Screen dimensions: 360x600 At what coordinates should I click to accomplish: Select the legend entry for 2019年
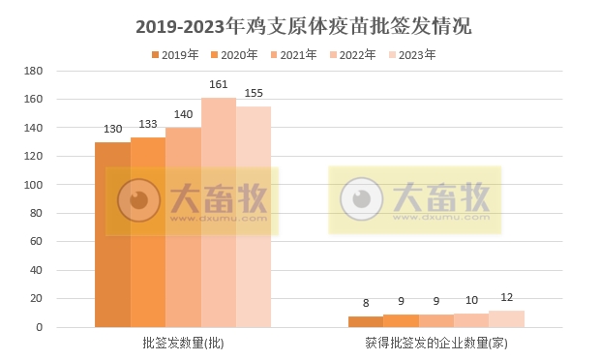click(x=173, y=55)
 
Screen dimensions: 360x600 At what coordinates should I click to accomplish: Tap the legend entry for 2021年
click(x=293, y=55)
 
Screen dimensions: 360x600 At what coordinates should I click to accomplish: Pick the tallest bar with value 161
click(x=218, y=213)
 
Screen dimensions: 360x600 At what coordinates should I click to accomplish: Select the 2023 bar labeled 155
click(x=254, y=217)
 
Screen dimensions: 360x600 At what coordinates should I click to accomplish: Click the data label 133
click(x=148, y=124)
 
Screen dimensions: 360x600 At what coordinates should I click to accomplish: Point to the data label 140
click(x=183, y=114)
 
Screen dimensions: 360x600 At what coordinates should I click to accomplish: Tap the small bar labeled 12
click(x=506, y=319)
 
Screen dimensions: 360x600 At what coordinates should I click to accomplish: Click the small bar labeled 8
click(x=366, y=322)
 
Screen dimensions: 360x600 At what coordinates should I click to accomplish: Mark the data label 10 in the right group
click(x=471, y=300)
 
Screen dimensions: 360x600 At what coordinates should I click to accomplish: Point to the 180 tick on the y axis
click(x=34, y=71)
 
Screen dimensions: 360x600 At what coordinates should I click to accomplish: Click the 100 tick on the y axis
click(x=34, y=185)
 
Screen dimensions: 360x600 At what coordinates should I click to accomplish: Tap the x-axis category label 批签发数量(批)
click(x=183, y=343)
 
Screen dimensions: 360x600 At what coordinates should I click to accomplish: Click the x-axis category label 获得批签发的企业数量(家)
click(x=435, y=343)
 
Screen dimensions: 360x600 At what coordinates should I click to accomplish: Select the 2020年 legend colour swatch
click(x=215, y=55)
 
